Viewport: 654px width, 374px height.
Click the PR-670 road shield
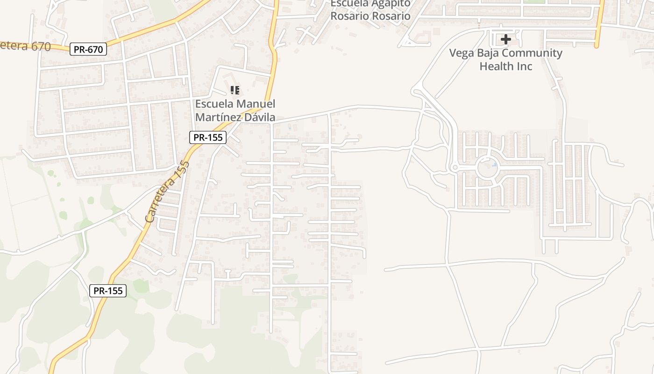point(88,49)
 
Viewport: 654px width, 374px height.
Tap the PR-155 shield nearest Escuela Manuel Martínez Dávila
point(208,137)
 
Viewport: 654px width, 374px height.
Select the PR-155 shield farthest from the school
point(108,291)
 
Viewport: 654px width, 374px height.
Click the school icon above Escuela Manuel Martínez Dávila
point(235,90)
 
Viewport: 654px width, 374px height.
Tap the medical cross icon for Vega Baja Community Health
point(505,39)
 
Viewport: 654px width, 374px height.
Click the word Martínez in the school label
point(219,117)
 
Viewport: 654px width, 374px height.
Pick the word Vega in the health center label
point(461,53)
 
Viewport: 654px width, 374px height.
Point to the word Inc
point(523,66)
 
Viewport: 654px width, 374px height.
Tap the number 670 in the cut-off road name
point(39,45)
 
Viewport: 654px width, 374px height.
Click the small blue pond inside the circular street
point(494,165)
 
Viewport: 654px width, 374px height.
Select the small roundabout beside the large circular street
point(455,167)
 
